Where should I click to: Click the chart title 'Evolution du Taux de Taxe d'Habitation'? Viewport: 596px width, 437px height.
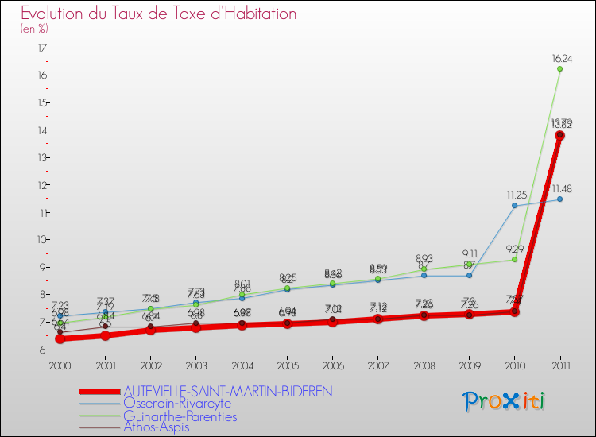click(x=159, y=14)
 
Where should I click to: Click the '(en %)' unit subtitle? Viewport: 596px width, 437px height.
click(x=35, y=29)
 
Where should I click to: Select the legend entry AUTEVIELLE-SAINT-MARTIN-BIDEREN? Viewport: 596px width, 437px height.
click(x=227, y=392)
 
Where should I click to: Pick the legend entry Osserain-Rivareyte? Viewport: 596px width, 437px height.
click(x=177, y=404)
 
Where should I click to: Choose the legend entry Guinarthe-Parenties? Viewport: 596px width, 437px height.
click(x=180, y=416)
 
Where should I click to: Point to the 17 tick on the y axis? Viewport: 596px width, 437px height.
click(x=41, y=48)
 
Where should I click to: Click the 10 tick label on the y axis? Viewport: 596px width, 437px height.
click(x=41, y=240)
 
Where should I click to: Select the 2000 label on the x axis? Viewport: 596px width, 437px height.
click(x=59, y=366)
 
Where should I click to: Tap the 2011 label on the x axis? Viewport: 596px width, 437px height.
click(x=559, y=366)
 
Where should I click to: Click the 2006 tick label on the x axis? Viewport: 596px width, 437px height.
click(x=332, y=366)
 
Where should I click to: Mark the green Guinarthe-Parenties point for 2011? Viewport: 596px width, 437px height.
click(x=559, y=69)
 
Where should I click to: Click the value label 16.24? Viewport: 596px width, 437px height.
click(x=561, y=58)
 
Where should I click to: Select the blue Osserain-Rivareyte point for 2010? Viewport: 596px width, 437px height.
click(x=514, y=206)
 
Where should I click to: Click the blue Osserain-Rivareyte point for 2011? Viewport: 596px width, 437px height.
click(x=559, y=199)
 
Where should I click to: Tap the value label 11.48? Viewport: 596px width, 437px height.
click(x=561, y=188)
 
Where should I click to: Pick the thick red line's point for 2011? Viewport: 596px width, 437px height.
click(x=559, y=135)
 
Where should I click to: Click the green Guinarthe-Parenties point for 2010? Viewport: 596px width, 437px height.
click(x=514, y=259)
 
